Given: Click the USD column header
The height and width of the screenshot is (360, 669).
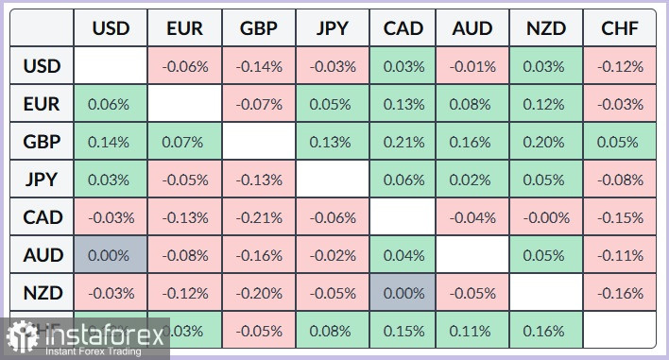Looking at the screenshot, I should pyautogui.click(x=111, y=29).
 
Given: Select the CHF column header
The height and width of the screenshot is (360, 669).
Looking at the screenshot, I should pyautogui.click(x=620, y=29).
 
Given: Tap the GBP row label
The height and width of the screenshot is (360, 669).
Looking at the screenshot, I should pyautogui.click(x=42, y=142).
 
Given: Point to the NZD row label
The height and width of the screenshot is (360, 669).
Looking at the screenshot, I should pyautogui.click(x=42, y=293).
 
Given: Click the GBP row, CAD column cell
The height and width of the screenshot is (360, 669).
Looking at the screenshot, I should pyautogui.click(x=403, y=142).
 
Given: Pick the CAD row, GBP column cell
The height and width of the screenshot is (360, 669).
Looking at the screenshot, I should pyautogui.click(x=258, y=217).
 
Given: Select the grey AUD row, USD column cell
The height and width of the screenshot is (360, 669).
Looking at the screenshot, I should pyautogui.click(x=111, y=255).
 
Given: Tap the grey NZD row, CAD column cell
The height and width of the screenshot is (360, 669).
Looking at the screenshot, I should pyautogui.click(x=403, y=293).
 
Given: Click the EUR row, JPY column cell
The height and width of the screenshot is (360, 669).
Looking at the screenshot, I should pyautogui.click(x=332, y=104).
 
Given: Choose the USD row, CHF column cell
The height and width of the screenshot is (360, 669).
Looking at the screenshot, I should pyautogui.click(x=620, y=67).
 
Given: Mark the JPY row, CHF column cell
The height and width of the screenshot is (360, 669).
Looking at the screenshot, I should pyautogui.click(x=620, y=180).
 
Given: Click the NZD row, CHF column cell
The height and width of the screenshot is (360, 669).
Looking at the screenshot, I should pyautogui.click(x=620, y=293).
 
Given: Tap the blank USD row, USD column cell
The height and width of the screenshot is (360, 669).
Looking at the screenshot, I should pyautogui.click(x=111, y=67).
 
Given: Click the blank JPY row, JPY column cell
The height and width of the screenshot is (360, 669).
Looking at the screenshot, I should pyautogui.click(x=332, y=180).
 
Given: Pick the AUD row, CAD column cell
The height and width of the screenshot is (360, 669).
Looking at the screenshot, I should pyautogui.click(x=403, y=255).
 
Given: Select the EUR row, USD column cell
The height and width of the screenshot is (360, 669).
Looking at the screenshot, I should pyautogui.click(x=111, y=104).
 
